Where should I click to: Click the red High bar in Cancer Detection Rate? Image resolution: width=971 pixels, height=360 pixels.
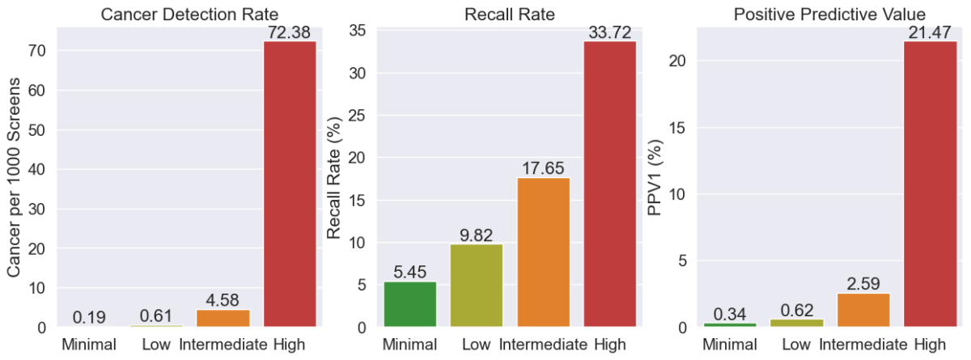290,184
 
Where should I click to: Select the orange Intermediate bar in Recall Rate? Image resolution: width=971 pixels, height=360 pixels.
543,252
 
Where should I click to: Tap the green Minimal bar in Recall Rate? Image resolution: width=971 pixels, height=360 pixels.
410,304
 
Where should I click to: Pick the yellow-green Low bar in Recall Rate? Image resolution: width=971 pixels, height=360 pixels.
477,286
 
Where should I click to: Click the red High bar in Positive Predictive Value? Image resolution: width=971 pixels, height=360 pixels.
930,184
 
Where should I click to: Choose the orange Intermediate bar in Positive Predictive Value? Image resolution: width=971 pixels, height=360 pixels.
863,310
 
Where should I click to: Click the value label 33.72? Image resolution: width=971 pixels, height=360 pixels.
609,33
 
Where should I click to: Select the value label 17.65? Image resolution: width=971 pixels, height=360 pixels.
543,168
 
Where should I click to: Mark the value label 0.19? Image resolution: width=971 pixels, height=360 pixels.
91,317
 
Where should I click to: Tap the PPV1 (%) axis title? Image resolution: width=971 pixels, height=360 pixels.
656,177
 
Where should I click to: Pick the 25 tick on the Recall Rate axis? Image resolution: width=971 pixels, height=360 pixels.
361,116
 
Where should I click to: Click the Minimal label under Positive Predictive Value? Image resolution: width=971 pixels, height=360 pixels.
731,345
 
